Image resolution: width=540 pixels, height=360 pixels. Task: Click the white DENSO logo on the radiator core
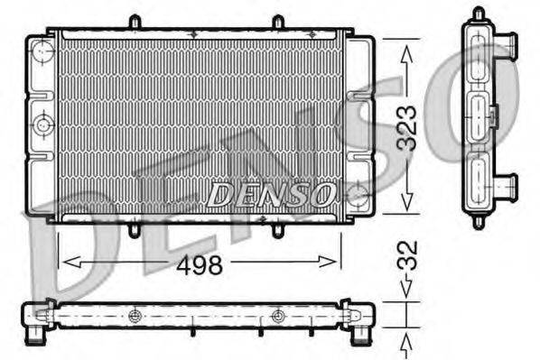271,192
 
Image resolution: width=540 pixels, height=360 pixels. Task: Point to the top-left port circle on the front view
42,54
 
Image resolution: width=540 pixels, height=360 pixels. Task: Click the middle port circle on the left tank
42,124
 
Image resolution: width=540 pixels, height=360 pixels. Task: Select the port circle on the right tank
358,192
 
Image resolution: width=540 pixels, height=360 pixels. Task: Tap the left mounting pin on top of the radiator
134,22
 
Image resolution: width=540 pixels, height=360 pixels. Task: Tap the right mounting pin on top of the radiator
278,22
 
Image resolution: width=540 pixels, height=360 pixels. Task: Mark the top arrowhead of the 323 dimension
406,52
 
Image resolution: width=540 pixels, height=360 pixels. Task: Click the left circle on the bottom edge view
135,316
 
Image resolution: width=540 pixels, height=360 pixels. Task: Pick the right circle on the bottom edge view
278,316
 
